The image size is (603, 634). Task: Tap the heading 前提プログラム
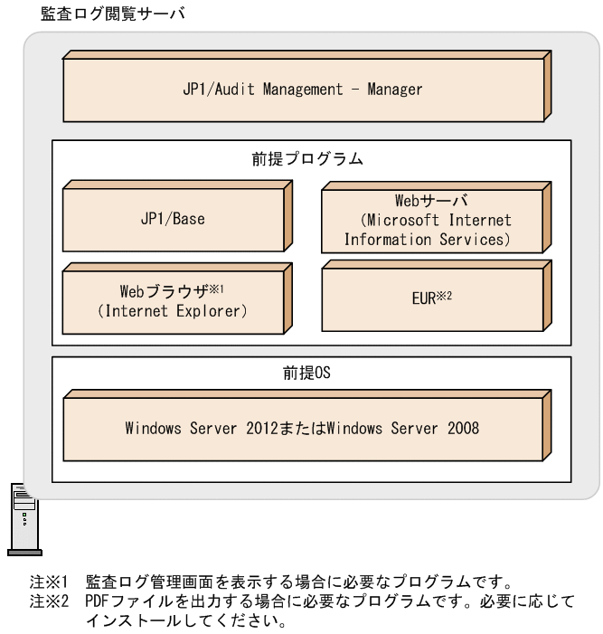tap(307, 159)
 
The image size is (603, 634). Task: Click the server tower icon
tap(22, 518)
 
